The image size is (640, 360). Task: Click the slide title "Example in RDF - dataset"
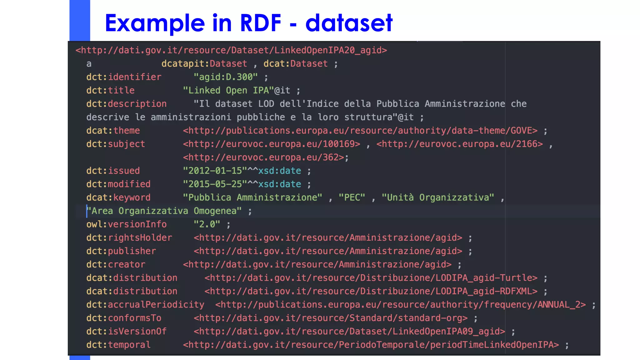point(248,23)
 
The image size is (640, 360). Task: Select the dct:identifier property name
point(124,77)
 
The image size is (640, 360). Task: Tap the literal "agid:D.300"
point(225,77)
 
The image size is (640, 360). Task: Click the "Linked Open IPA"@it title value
point(236,90)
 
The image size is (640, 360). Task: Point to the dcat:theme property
point(113,131)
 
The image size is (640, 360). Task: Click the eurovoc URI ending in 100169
point(272,144)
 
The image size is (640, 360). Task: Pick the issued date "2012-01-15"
point(215,171)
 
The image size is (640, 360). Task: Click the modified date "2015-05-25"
point(215,184)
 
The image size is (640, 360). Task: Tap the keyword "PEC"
point(352,197)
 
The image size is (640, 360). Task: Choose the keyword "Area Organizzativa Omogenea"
point(164,211)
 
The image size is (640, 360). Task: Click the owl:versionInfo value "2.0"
point(207,224)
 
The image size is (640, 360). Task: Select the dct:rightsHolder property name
point(129,238)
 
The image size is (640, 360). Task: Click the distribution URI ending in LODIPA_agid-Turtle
point(371,278)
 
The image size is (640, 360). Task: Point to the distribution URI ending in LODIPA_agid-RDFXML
point(371,291)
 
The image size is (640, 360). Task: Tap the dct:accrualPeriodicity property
point(145,305)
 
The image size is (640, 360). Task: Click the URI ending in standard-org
point(331,318)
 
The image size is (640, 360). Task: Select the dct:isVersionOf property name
point(126,332)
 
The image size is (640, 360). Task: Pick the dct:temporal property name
point(118,345)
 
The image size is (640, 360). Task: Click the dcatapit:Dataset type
point(204,64)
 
